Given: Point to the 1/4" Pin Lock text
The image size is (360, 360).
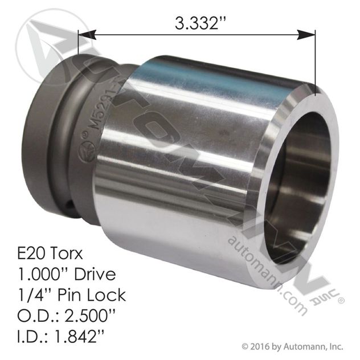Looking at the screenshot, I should [72, 295].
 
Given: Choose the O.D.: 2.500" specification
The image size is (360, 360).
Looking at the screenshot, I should [66, 315].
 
